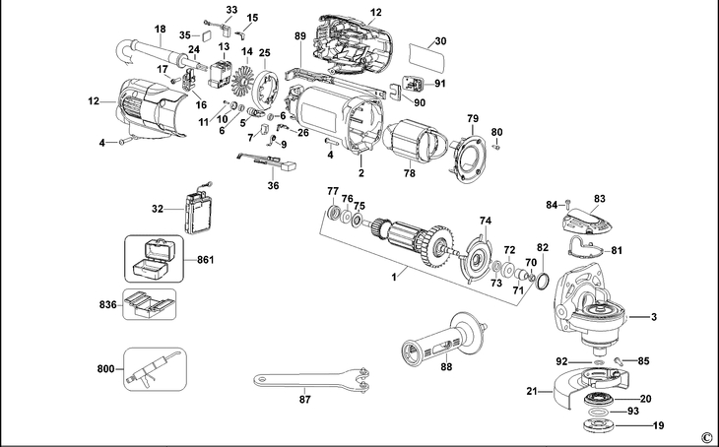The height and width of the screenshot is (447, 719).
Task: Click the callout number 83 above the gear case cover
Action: tap(599, 198)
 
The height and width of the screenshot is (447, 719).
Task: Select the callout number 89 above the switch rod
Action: tap(300, 36)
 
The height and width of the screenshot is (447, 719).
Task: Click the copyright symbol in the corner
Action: tap(706, 437)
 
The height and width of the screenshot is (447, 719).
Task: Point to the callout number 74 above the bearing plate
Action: tap(485, 221)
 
